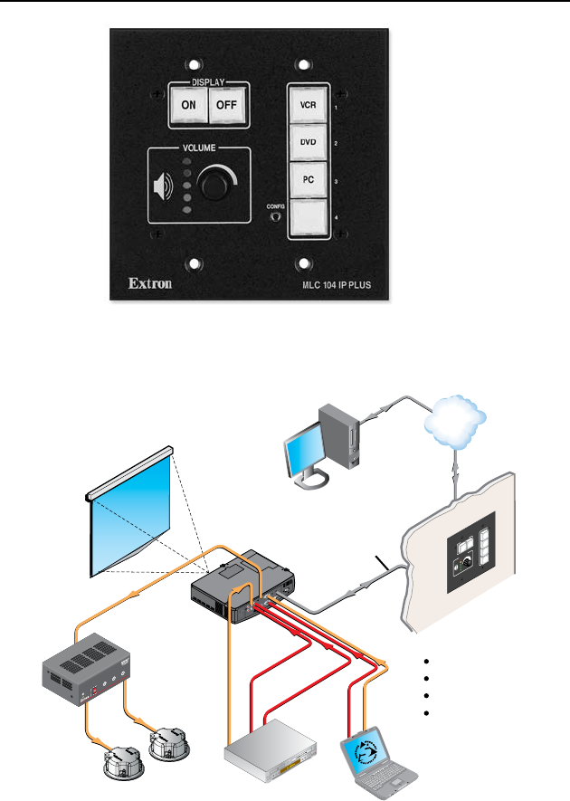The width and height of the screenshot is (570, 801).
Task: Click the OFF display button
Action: coord(227,105)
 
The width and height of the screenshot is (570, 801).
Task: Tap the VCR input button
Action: coord(308,105)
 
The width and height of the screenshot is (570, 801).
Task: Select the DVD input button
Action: coord(308,142)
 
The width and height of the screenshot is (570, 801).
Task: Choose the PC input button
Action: coord(308,180)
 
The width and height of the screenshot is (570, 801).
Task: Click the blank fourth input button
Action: coord(308,217)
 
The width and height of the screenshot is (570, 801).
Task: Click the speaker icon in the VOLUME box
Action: coord(164,186)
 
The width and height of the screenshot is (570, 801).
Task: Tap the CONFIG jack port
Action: coord(276,216)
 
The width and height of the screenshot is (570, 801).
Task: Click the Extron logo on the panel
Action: coord(150,283)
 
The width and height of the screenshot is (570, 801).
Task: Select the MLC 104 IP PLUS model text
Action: coord(337,285)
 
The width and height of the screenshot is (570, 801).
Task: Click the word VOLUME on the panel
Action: coord(199,148)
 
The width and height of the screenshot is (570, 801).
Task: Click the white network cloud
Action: coord(454,422)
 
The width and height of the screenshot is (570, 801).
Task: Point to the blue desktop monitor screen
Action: coord(306,450)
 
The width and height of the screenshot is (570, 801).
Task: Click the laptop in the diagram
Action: coord(379,762)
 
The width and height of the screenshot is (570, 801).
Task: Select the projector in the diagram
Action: coord(243,586)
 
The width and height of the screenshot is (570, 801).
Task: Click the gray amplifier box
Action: coord(86,669)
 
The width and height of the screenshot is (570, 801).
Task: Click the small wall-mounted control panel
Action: coord(470,552)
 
